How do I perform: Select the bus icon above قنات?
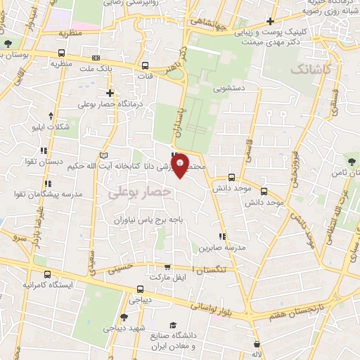[x=147, y=65]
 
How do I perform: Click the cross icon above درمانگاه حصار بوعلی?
[x=110, y=93]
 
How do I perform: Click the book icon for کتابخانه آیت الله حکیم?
[x=105, y=155]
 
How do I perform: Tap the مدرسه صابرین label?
[x=221, y=247]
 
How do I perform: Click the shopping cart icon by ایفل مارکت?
[x=167, y=266]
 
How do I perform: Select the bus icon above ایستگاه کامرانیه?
[x=47, y=275]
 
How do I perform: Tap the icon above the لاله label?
[x=259, y=345]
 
